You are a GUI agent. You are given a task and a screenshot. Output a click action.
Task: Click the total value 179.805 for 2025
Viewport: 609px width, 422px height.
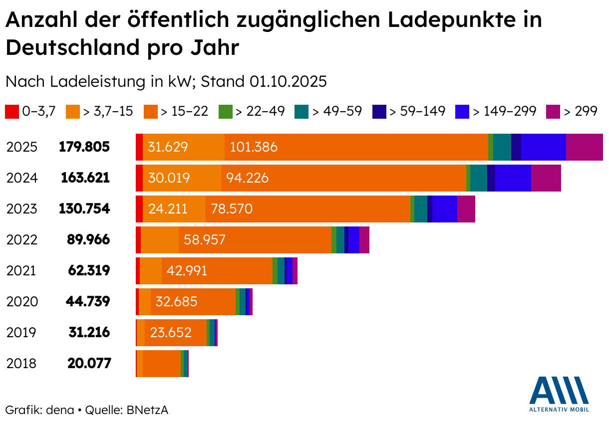(x=84, y=147)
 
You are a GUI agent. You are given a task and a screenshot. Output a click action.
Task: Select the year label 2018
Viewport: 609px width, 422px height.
(x=21, y=364)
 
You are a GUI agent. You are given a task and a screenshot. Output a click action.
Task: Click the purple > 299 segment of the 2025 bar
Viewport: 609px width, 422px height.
(x=584, y=147)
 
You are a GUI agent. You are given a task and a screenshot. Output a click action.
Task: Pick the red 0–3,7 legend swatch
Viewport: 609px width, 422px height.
(x=12, y=111)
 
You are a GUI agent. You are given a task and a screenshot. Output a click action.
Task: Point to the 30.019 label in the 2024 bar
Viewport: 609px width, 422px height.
(x=169, y=178)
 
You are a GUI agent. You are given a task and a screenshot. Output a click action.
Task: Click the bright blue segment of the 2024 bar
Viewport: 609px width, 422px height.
(x=513, y=178)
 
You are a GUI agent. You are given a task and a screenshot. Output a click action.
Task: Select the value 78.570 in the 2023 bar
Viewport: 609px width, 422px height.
(x=232, y=209)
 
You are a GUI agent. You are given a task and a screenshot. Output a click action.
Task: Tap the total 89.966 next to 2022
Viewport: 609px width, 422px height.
(x=88, y=240)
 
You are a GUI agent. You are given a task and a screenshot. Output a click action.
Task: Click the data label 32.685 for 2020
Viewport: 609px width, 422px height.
(x=176, y=302)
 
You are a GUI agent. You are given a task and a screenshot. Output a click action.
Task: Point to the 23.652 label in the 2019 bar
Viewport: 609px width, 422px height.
(x=171, y=333)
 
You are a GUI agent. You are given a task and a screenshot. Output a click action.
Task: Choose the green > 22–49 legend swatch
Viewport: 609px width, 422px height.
(x=226, y=111)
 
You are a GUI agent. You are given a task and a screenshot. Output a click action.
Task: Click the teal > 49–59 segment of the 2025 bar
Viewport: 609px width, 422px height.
(x=502, y=147)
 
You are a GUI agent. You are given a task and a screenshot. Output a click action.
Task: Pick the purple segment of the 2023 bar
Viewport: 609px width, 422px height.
(x=466, y=209)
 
